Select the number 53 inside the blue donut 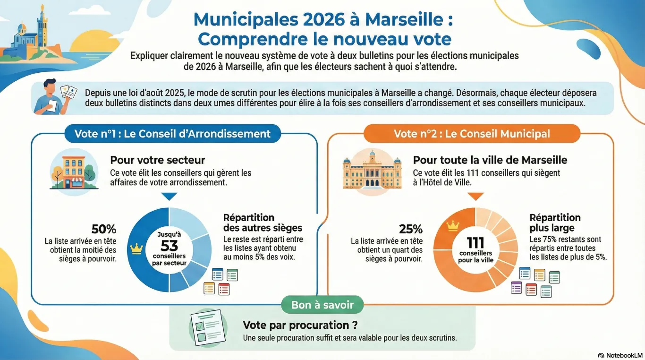click(169, 246)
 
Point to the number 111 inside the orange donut click(475, 243)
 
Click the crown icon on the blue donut click(138, 248)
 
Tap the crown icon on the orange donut click(452, 226)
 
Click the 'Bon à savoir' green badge click(322, 305)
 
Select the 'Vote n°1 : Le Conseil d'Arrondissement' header click(172, 134)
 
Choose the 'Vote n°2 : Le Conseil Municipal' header click(472, 134)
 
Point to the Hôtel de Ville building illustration click(372, 169)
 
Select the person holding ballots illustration click(56, 96)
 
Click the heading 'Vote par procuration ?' click(300, 326)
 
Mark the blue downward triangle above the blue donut click(169, 197)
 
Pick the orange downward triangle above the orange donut click(475, 196)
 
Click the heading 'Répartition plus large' click(555, 223)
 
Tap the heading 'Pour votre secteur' click(158, 160)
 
